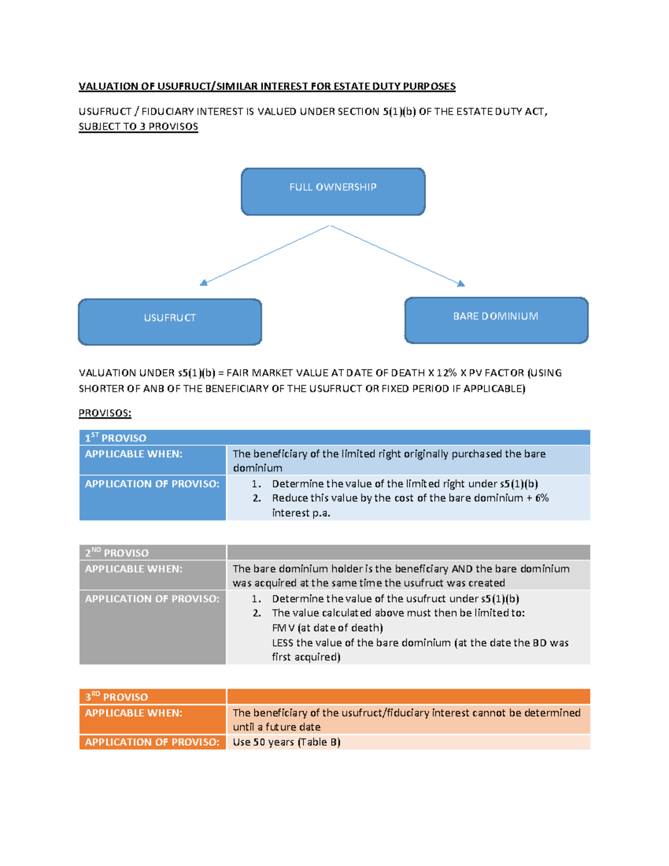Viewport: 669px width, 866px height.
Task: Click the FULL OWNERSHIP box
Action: point(333,191)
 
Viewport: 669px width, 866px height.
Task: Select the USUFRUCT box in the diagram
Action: point(170,322)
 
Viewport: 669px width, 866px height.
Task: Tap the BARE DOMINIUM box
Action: point(496,320)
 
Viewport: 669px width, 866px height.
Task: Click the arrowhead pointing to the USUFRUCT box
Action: point(203,283)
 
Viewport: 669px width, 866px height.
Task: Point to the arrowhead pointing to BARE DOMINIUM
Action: point(461,284)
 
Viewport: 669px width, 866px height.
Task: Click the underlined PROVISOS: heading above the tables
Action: point(105,413)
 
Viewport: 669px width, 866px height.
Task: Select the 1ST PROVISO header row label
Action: point(115,438)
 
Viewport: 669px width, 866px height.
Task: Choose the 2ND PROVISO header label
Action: point(117,553)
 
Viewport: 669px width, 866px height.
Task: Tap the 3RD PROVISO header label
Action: point(117,696)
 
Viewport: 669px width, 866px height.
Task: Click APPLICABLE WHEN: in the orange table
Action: point(134,713)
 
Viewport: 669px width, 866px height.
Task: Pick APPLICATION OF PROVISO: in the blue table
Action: point(152,483)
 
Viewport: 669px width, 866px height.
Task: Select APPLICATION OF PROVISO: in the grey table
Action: point(152,598)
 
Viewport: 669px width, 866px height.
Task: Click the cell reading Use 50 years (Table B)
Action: point(287,742)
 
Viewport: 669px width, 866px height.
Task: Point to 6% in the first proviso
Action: point(542,498)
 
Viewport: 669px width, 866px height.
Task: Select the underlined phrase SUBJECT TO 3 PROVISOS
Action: point(138,127)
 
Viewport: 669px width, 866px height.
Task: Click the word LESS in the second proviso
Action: point(283,642)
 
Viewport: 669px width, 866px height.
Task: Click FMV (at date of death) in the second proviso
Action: point(327,628)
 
